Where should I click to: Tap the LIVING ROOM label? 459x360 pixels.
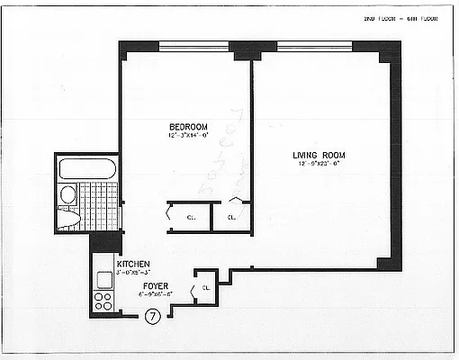[x=319, y=155]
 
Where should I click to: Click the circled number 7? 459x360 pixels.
[x=153, y=316]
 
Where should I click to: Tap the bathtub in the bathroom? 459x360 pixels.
[x=86, y=168]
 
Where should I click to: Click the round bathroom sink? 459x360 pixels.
[x=67, y=194]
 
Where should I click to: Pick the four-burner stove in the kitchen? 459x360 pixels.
[x=103, y=300]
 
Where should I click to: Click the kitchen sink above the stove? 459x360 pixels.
[x=102, y=280]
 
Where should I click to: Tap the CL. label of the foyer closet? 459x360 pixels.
[x=206, y=288]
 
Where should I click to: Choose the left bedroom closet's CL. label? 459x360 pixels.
[x=191, y=217]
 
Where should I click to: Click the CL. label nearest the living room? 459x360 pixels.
[x=231, y=217]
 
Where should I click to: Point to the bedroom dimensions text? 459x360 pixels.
[x=187, y=135]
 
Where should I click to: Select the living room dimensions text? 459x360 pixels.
[x=319, y=165]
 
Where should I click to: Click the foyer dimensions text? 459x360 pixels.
[x=156, y=294]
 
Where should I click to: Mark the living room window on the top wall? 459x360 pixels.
[x=313, y=46]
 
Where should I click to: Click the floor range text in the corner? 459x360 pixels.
[x=400, y=19]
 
